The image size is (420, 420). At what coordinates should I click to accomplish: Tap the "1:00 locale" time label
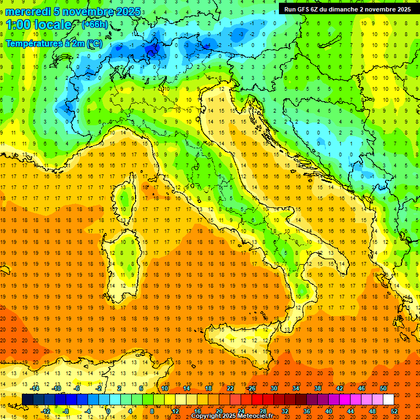tap(39, 25)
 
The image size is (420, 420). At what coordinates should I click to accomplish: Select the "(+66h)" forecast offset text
tap(94, 25)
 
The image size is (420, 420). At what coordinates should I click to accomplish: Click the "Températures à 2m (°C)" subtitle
tap(53, 43)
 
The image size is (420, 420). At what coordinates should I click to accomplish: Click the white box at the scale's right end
tap(388, 399)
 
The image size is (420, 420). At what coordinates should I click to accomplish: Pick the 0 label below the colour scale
tap(109, 411)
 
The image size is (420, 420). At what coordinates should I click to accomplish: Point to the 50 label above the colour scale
tap(383, 388)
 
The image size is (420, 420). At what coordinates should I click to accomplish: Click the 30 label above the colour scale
tap(273, 388)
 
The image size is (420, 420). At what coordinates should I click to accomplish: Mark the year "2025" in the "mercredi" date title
tap(127, 11)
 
